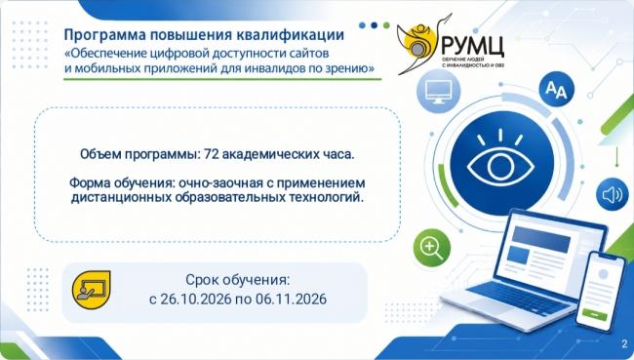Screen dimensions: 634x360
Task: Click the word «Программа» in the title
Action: point(105,35)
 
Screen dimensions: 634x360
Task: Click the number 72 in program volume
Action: point(212,154)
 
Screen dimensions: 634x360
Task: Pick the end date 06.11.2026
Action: point(291,299)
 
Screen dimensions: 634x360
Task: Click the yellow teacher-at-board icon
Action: point(91,290)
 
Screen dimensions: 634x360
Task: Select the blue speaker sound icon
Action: point(613,195)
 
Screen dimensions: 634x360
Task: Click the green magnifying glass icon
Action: point(432,248)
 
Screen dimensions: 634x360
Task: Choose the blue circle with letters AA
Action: point(556,90)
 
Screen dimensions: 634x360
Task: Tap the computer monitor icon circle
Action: point(438,92)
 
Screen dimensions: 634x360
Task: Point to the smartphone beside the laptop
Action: point(600,291)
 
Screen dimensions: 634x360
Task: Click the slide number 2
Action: point(625,344)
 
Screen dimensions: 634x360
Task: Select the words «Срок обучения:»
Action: point(238,279)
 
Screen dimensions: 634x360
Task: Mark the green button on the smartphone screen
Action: point(594,314)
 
